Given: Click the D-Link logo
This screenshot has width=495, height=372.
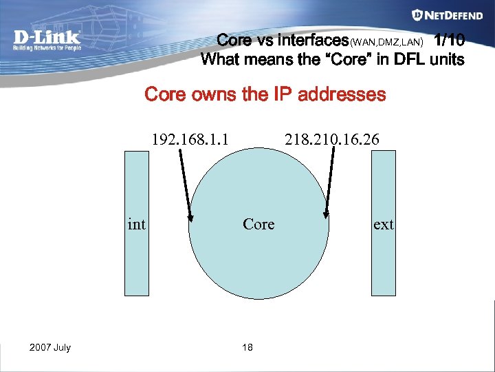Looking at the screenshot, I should coord(47,39).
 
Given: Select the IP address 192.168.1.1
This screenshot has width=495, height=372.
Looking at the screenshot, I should coord(190,141).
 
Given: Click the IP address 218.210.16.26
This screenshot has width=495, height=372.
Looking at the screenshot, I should coord(331,141).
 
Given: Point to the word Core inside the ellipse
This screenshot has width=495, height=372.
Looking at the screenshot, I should coord(258,224).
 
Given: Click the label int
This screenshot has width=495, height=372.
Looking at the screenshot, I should coord(137,224).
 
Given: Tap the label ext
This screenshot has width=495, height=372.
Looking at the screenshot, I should coord(383,224).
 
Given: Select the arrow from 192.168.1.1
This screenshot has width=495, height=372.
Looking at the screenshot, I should coord(185,186).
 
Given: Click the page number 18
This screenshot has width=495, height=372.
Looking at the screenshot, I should coord(247,347).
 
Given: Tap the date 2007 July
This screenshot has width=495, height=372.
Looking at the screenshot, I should coord(50,347).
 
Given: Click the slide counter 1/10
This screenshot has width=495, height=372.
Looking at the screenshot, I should coord(450,40).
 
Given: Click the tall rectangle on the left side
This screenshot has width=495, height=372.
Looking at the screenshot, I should coord(136,262).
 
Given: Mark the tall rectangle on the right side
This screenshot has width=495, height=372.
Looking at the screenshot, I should coord(383,262).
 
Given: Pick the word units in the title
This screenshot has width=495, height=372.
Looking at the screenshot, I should coord(447,59).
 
